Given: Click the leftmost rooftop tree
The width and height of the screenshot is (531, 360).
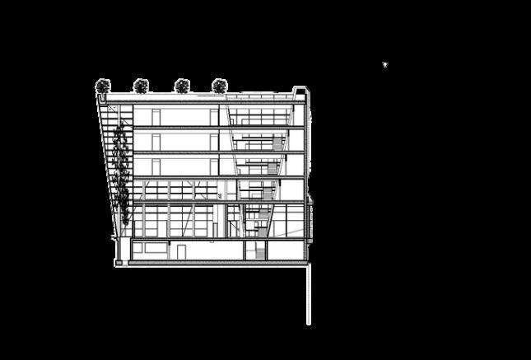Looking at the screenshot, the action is tap(103, 84).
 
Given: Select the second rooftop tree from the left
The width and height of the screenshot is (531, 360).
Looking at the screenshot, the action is tap(141, 84).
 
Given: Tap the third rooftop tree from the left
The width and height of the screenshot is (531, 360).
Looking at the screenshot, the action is tap(181, 84).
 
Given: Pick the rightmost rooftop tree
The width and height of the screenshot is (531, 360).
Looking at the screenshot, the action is tap(219, 84).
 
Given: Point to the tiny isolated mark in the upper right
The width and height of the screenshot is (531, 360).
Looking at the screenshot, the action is tap(384, 64).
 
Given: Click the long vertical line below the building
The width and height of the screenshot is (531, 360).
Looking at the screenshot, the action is tap(310, 292).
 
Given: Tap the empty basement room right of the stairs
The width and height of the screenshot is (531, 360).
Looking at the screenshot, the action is tap(284, 250).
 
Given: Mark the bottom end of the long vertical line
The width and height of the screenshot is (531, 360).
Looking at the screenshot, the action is tap(310, 324).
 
